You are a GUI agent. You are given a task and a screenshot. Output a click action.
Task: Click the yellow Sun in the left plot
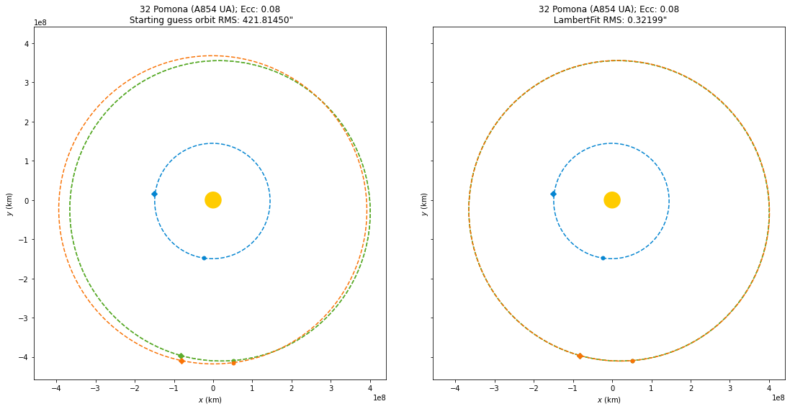click(x=212, y=200)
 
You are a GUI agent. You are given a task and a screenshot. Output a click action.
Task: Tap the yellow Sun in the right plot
click(x=611, y=200)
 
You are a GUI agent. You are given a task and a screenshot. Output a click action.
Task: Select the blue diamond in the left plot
click(x=154, y=194)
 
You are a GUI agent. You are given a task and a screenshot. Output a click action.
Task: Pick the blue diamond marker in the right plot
click(x=553, y=194)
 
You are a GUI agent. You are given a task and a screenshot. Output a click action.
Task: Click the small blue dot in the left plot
click(x=204, y=258)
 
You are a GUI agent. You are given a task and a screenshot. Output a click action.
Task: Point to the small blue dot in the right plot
click(x=603, y=258)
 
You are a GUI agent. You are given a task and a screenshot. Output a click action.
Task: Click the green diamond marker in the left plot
click(x=181, y=356)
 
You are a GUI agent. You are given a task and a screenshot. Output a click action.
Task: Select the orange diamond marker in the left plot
click(x=181, y=361)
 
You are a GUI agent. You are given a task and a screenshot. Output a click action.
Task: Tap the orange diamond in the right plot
click(x=580, y=356)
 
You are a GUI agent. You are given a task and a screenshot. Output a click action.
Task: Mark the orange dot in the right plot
click(x=632, y=361)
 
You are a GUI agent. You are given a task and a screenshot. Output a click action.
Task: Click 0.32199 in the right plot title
click(x=645, y=20)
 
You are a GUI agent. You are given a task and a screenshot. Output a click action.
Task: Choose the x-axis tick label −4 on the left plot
click(x=55, y=389)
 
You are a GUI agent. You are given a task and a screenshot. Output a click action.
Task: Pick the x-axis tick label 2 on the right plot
click(x=690, y=389)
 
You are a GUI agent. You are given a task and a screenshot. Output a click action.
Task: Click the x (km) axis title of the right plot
click(x=611, y=400)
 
